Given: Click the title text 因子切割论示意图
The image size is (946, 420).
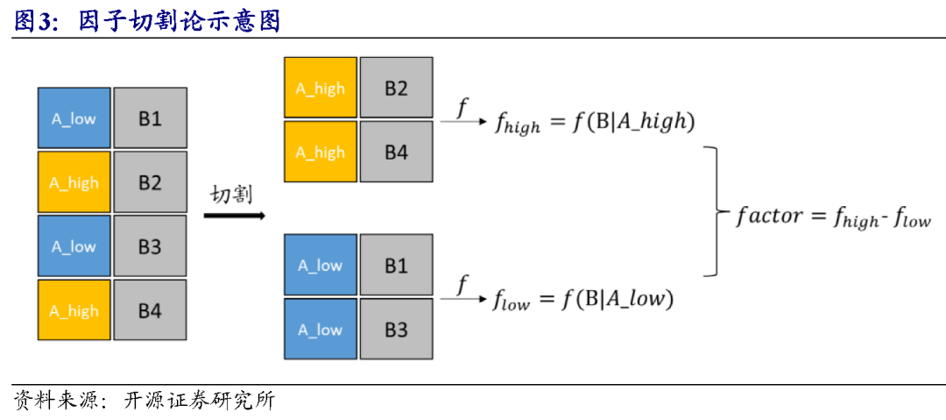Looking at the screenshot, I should click(179, 19).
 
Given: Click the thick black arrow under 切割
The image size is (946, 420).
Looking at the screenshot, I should click(234, 215).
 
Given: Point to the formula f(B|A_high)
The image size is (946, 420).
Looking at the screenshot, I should click(634, 122).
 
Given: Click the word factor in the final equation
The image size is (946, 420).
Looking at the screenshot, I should click(769, 216).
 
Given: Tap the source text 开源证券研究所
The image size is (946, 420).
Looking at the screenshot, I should click(199, 401).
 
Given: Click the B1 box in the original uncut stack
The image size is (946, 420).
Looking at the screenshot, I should click(150, 117).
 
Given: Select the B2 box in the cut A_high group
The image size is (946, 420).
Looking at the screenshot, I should click(396, 88).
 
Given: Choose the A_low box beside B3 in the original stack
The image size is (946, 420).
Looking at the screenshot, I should click(74, 246).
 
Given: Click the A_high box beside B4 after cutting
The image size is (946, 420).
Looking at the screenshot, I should click(321, 152).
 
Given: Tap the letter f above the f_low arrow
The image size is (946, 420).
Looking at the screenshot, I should click(462, 283).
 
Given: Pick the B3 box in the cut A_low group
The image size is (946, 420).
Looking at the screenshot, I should click(396, 329).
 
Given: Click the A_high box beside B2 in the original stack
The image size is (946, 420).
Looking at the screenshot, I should click(74, 182).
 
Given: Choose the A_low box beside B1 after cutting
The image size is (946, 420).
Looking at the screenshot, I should click(321, 265).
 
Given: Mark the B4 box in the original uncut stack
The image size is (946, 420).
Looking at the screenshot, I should click(150, 310).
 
